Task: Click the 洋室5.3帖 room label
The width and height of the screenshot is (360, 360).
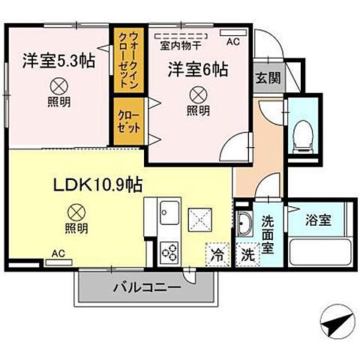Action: point(58,61)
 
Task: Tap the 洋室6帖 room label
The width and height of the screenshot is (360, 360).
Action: point(198,70)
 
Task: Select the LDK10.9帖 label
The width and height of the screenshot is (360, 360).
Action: point(97,184)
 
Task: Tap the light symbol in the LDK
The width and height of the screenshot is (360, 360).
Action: point(76,213)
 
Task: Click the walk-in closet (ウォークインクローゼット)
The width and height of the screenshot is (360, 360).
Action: point(129,60)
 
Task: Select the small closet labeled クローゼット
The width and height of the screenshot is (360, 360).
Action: point(129,121)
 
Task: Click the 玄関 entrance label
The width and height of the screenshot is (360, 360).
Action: point(268,78)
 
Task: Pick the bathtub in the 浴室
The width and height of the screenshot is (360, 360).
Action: point(320,253)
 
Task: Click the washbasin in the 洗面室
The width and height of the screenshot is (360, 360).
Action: point(244,223)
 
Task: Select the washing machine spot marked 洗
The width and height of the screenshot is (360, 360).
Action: point(247,254)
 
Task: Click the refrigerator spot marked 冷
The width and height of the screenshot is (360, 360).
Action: point(217,254)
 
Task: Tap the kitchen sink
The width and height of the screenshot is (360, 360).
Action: point(169,213)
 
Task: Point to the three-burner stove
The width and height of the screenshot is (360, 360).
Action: point(169,252)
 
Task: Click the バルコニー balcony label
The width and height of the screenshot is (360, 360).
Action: point(147,288)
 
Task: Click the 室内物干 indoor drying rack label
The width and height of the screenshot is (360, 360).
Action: point(181,46)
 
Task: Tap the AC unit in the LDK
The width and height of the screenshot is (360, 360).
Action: point(58,262)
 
